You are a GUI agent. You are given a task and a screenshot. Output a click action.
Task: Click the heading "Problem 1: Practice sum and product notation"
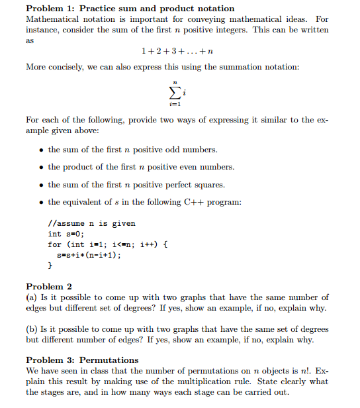point(130,9)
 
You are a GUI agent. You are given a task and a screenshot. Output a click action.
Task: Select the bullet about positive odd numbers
point(132,150)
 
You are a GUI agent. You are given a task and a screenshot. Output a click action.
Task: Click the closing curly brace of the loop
point(50,265)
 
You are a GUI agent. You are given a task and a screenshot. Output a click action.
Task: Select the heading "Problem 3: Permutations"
point(82,360)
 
